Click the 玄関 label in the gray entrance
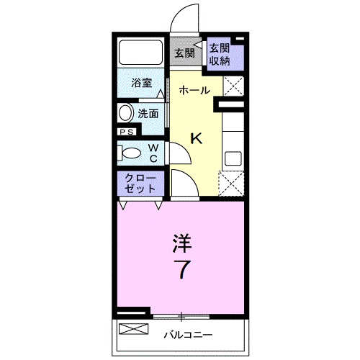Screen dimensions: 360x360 (184, 53)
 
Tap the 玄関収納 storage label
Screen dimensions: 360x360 (220, 55)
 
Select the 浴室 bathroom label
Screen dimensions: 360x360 (142, 83)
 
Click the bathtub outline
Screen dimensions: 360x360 (140, 52)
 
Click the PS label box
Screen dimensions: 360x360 (127, 132)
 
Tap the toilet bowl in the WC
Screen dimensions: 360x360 (131, 153)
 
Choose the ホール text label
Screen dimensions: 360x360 (194, 91)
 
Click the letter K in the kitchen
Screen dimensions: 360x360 (196, 138)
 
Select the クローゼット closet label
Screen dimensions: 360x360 (140, 184)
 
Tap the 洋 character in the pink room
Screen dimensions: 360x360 (182, 243)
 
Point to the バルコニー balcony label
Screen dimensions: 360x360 (188, 335)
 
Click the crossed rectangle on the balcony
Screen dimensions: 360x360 (134, 329)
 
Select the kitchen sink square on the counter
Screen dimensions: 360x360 (233, 158)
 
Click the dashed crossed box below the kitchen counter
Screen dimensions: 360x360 (231, 184)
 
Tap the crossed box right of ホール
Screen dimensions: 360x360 (233, 86)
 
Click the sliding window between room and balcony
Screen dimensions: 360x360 (181, 316)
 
